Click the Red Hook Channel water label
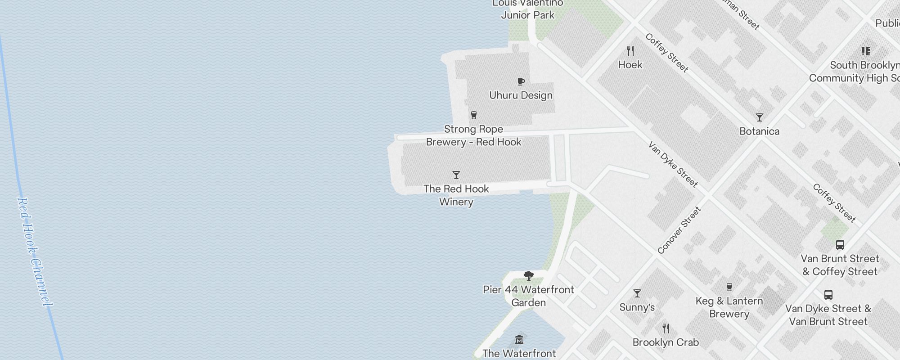click(x=34, y=252)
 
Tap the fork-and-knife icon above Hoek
click(x=630, y=51)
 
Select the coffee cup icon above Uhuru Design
click(x=521, y=81)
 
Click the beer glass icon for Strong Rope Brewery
click(x=473, y=115)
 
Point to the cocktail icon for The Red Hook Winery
click(x=456, y=175)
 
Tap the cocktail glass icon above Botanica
click(x=760, y=117)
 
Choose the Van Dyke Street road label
click(x=673, y=164)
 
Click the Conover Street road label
click(x=679, y=230)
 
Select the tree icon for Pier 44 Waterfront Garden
click(x=529, y=275)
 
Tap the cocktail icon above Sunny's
click(x=637, y=293)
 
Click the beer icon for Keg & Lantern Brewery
click(x=729, y=287)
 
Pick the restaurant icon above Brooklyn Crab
click(x=666, y=328)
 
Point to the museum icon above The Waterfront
click(x=519, y=339)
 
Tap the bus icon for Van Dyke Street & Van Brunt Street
click(x=828, y=295)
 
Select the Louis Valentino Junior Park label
click(x=527, y=9)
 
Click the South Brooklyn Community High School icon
click(x=865, y=51)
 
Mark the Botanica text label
click(x=760, y=131)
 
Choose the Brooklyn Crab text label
click(x=666, y=342)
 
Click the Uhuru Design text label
click(x=521, y=95)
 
